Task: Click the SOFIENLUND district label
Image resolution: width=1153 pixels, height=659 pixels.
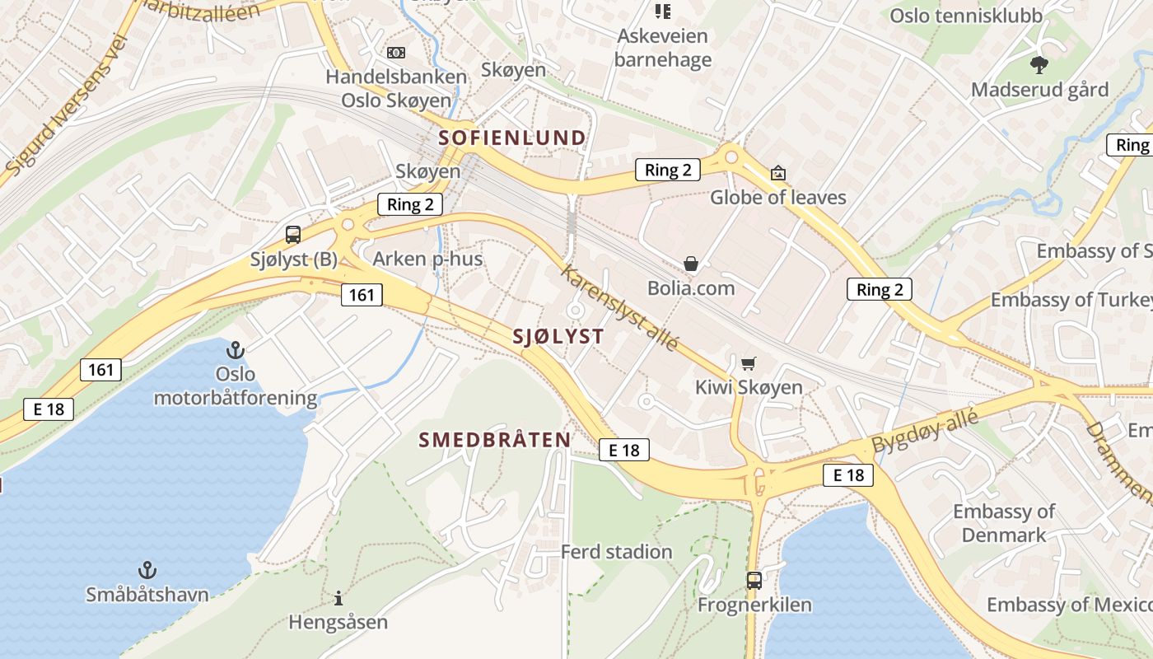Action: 512,138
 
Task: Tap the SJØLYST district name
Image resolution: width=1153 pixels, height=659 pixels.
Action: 558,336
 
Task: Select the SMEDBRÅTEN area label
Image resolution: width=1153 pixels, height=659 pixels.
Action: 495,440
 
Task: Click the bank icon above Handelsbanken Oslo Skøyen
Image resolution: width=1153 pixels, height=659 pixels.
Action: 396,53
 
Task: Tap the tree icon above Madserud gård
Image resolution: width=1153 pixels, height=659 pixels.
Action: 1039,63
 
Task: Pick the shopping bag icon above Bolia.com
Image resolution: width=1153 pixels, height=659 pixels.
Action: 691,264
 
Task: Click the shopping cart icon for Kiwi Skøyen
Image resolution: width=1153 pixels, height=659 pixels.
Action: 749,363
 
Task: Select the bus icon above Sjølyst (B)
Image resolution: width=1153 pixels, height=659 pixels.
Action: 293,234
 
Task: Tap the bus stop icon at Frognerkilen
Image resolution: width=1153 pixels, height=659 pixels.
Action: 754,580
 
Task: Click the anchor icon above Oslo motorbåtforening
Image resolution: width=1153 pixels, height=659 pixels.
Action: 236,350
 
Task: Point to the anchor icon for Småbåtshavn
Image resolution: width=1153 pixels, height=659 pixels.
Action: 147,569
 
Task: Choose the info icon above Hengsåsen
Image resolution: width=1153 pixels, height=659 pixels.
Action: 338,597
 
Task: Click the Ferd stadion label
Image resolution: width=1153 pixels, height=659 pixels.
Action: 616,552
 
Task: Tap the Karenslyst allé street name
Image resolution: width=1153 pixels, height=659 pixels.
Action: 620,307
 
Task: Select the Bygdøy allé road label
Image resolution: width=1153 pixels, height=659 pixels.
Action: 925,431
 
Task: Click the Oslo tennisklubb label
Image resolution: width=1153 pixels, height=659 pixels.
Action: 966,16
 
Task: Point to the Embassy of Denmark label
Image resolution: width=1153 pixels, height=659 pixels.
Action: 1003,523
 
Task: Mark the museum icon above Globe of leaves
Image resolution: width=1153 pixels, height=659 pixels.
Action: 777,173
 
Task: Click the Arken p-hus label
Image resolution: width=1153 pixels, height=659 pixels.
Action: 427,259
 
